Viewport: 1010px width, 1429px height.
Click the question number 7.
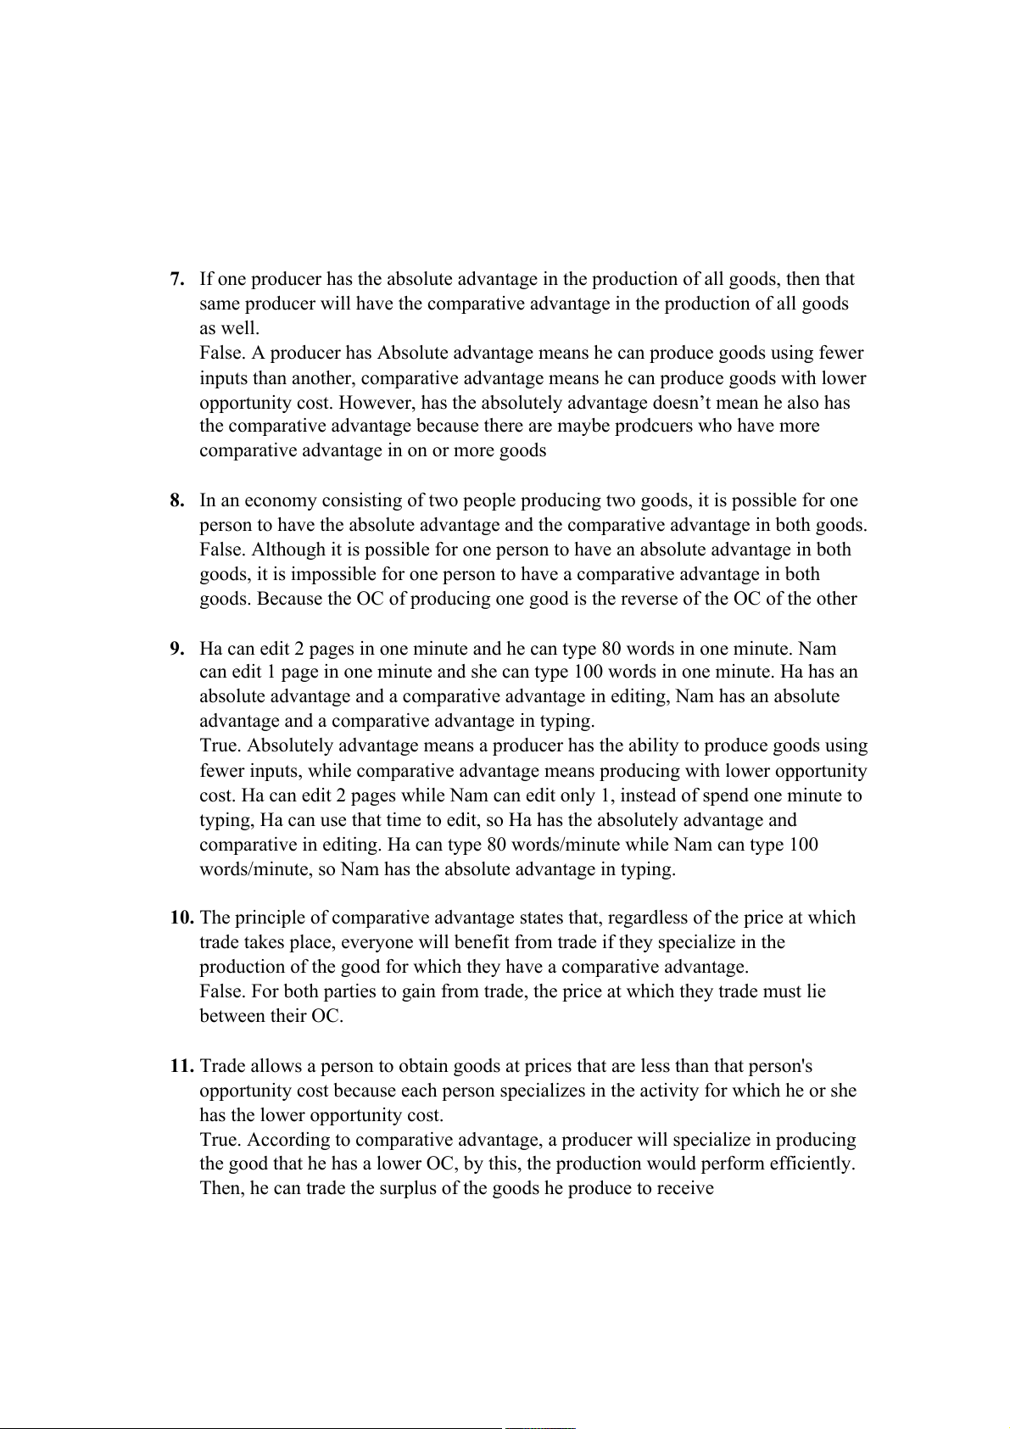(177, 279)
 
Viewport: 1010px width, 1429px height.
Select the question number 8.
(177, 500)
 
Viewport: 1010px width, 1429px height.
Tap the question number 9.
(177, 649)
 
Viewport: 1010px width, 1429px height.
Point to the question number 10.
(181, 918)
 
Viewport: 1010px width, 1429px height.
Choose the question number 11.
(181, 1066)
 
